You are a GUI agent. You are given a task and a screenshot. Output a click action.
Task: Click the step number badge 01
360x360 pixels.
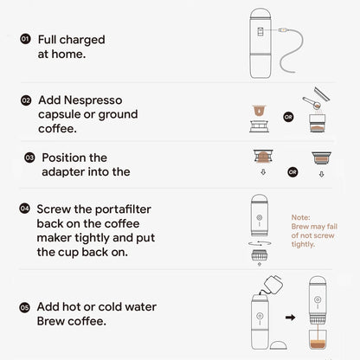[x=25, y=39]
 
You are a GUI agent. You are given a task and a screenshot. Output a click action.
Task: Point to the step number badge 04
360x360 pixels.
[x=25, y=209]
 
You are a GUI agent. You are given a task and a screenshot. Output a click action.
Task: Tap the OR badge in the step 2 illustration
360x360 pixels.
[x=287, y=115]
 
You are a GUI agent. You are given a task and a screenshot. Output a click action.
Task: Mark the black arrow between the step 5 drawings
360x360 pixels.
[x=290, y=316]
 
